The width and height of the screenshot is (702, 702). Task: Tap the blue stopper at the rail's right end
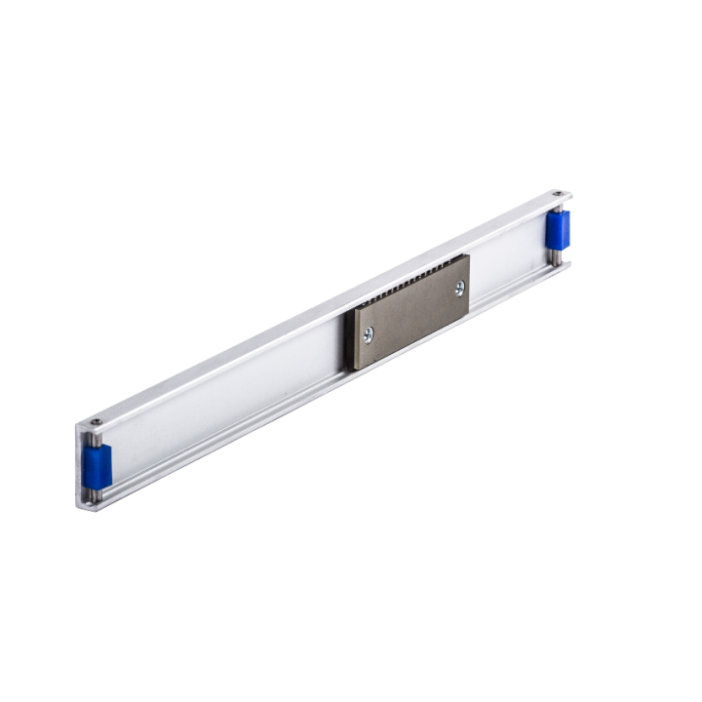560,231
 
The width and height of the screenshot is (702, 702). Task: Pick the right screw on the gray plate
459,289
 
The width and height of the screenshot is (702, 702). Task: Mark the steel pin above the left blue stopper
97,438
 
